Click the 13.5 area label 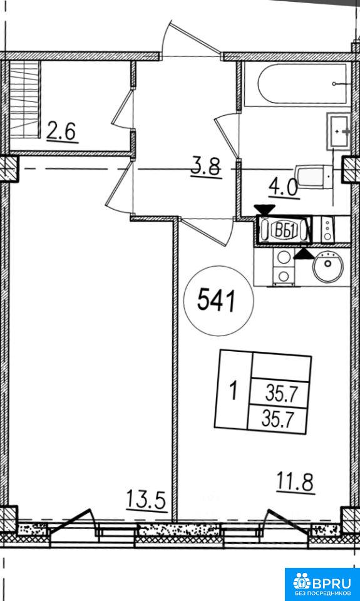click(x=147, y=500)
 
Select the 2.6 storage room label click(x=62, y=132)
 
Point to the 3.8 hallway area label click(x=206, y=168)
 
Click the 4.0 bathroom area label click(x=284, y=188)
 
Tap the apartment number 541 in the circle click(x=216, y=301)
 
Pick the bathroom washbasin click(x=339, y=131)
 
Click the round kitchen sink click(x=327, y=264)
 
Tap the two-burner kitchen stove click(x=284, y=267)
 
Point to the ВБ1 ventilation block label click(x=284, y=231)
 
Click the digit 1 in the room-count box click(x=233, y=394)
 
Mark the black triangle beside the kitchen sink click(x=304, y=254)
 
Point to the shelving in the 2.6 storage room click(x=25, y=99)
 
